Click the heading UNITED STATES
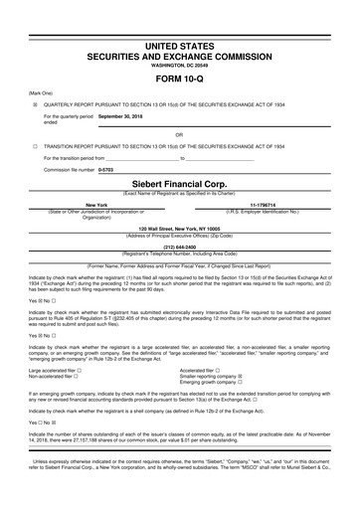point(179,46)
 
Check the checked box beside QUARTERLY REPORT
point(35,103)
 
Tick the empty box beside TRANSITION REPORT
point(35,145)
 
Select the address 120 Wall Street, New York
point(179,228)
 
